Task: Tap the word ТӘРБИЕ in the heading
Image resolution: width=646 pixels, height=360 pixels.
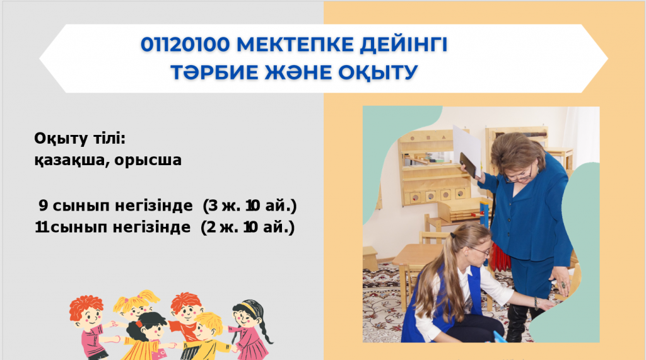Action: click(214, 72)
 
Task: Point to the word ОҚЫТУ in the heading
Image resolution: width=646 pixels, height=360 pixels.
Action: click(378, 73)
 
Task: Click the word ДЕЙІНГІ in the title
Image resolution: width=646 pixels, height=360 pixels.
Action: click(404, 45)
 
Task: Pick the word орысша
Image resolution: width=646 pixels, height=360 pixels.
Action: click(148, 160)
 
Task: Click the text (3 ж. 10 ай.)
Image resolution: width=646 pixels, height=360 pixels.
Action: click(250, 206)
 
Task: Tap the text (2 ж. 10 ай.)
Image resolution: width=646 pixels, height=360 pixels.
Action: click(247, 227)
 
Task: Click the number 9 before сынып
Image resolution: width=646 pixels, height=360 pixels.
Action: click(44, 206)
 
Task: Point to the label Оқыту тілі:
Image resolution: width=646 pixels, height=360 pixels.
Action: click(80, 139)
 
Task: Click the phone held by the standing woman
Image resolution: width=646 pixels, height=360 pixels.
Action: click(468, 165)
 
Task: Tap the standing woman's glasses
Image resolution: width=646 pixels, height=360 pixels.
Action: click(519, 177)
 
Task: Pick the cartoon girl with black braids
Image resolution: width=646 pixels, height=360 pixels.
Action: click(249, 330)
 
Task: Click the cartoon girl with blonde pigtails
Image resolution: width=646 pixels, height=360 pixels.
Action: click(136, 305)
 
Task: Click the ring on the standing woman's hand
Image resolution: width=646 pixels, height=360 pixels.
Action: click(563, 284)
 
